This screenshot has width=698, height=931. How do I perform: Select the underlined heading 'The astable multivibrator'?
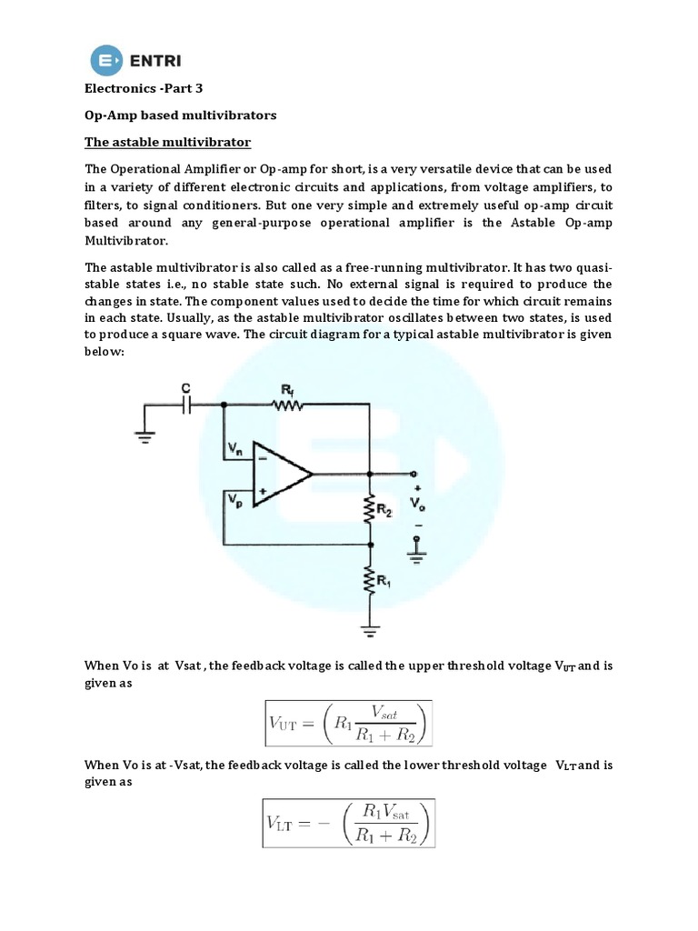(x=167, y=143)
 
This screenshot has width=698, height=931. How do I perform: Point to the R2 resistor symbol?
(x=370, y=511)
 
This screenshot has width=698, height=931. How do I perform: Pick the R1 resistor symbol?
(x=370, y=578)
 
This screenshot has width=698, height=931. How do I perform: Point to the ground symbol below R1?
(x=370, y=627)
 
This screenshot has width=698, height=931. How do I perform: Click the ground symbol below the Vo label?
(x=417, y=548)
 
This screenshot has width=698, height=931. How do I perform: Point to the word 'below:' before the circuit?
(x=104, y=351)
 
